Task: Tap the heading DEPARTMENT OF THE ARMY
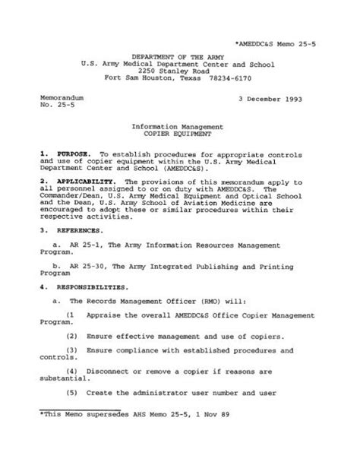pyautogui.click(x=179, y=57)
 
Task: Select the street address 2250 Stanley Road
pyautogui.click(x=180, y=71)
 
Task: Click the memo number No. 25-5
pyautogui.click(x=52, y=107)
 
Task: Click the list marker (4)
pyautogui.click(x=72, y=372)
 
